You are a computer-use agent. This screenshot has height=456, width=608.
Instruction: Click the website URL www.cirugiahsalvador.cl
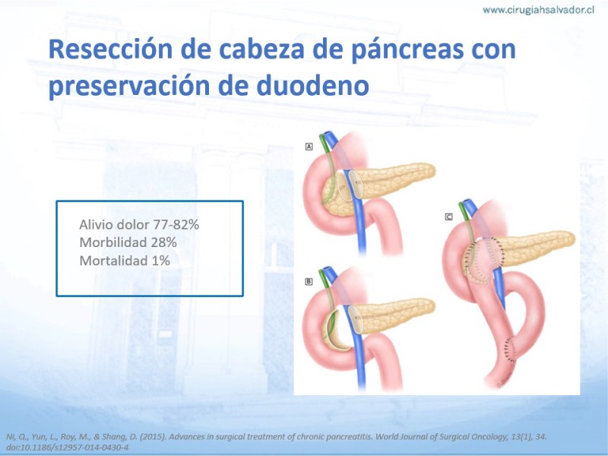pos(538,10)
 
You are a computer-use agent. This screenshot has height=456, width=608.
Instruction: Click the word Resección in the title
pos(110,49)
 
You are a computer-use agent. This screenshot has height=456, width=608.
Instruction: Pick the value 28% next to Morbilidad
pos(163,242)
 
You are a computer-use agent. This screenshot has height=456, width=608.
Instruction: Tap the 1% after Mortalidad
pos(160,261)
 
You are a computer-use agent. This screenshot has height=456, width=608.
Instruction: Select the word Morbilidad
pos(113,242)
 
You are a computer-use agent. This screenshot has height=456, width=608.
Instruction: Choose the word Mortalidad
pos(113,261)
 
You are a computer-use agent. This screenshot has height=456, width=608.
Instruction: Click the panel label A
pos(309,147)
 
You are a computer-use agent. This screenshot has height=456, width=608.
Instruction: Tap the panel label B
pos(309,281)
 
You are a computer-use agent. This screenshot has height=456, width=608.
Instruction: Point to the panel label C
pos(448,217)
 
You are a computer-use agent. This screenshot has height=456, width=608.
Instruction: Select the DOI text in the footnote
pos(68,448)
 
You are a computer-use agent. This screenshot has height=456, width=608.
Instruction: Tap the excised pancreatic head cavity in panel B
pos(334,331)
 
